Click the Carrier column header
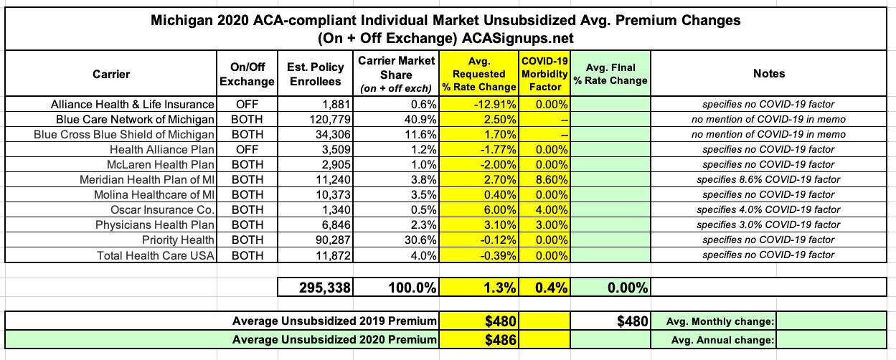pos(111,73)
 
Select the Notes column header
pos(769,73)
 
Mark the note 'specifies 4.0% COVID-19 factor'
pos(769,210)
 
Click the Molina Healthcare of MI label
pos(154,194)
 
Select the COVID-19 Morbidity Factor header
pos(545,74)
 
